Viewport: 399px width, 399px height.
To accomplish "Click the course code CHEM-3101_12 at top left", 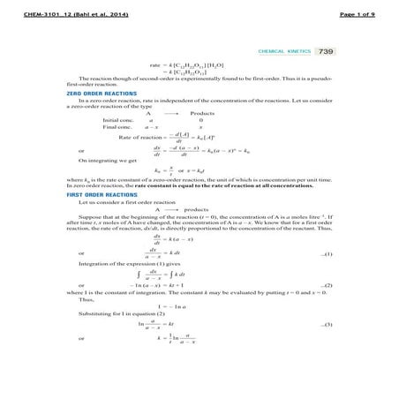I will tap(56, 8).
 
